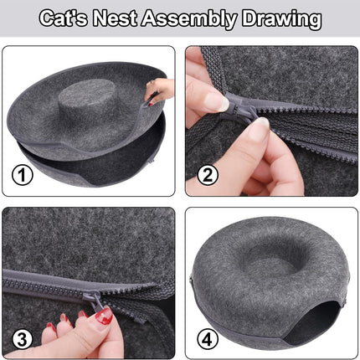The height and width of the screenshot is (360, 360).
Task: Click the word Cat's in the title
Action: coord(64,18)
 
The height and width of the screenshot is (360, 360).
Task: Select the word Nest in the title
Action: coord(115,18)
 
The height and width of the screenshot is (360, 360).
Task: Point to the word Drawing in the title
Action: coord(281,19)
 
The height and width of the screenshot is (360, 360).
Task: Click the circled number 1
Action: coord(23,175)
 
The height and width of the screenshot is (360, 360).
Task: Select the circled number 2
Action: coord(208,175)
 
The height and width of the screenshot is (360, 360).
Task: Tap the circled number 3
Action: coord(23,339)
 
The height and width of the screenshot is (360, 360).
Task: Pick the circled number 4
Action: coord(208,339)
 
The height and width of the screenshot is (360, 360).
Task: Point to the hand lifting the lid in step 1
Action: coord(159,90)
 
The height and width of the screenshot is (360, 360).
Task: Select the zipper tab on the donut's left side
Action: coord(192,279)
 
